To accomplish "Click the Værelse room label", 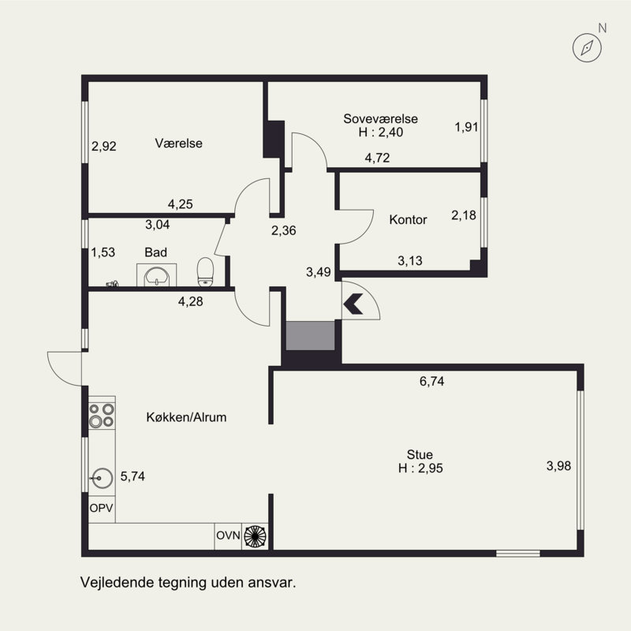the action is (179, 144).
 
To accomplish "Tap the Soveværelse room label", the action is (380, 119).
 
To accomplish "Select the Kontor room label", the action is (408, 220).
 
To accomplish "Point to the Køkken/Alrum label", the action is (186, 417).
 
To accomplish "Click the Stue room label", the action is (420, 455).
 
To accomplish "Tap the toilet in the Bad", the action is (205, 272).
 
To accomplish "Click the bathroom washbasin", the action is (156, 275).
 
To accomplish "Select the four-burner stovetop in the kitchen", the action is (102, 416).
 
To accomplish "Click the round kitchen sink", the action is (102, 478).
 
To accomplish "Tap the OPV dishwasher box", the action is (102, 508).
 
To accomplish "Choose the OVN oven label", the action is (228, 536).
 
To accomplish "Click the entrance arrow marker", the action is (353, 304).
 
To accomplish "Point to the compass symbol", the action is (587, 48).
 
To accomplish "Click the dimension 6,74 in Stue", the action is (431, 381).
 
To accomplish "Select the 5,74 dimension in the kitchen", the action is (133, 476).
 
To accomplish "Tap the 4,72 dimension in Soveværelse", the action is (378, 158).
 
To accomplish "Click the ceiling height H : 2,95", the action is (420, 469).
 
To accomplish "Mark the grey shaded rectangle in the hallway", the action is (310, 336).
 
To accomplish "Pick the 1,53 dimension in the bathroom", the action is (103, 252).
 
